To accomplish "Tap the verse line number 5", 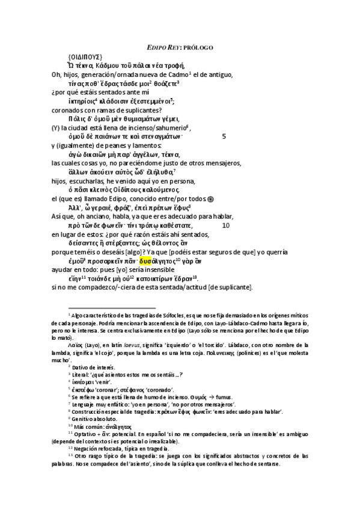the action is (224, 137).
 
